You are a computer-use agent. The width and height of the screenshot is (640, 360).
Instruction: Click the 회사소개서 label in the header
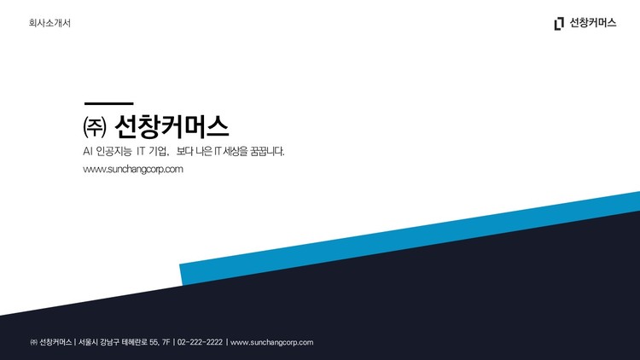coord(49,23)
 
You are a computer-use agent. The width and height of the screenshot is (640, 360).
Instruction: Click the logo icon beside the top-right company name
coord(559,23)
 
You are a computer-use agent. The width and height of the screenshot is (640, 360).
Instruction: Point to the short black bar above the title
coord(108,103)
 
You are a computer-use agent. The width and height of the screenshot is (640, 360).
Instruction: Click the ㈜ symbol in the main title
coord(94,128)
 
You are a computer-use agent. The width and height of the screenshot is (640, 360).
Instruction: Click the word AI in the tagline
coord(87,151)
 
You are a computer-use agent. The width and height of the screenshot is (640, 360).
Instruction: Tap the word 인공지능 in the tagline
coord(114,151)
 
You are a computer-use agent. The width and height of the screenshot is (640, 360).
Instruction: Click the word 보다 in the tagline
coord(185,151)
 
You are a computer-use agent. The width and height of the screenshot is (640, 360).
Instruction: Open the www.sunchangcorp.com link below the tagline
coord(133,169)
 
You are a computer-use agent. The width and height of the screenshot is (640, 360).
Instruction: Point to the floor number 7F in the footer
coord(166,342)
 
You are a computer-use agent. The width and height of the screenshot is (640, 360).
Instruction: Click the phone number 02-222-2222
coord(200,342)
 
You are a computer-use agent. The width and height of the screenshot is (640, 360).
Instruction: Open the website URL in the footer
coord(272,342)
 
